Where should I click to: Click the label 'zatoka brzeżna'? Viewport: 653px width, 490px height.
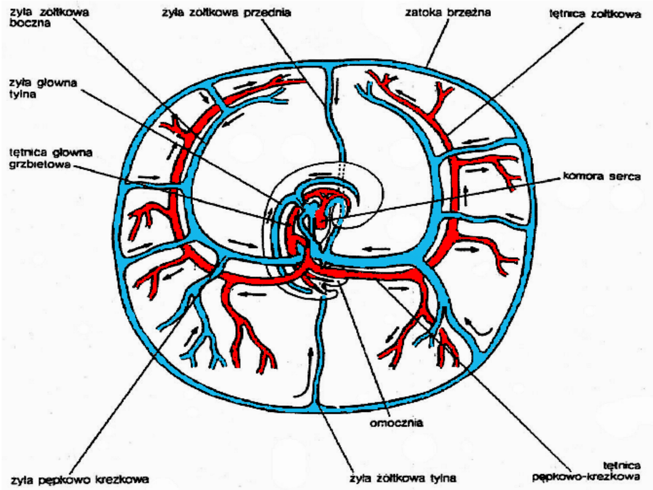pyautogui.click(x=440, y=12)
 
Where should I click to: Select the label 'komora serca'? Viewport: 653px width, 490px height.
pyautogui.click(x=592, y=177)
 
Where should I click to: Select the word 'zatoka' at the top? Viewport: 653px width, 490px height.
pyautogui.click(x=421, y=12)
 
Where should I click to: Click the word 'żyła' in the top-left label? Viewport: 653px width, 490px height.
pyautogui.click(x=19, y=13)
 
